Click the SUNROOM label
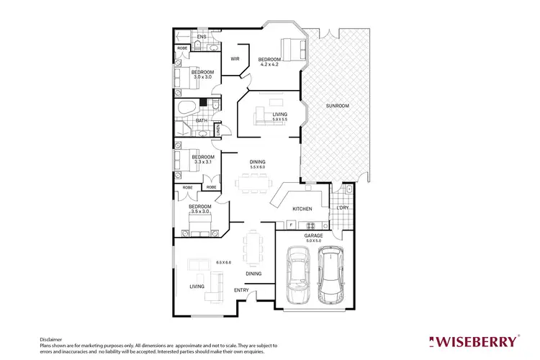pyautogui.click(x=337, y=106)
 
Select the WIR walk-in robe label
pyautogui.click(x=235, y=59)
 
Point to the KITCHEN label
pyautogui.click(x=301, y=209)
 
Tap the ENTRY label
pyautogui.click(x=241, y=290)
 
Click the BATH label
pyautogui.click(x=202, y=121)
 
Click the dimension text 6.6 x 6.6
pyautogui.click(x=222, y=262)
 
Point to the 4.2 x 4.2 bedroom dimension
pyautogui.click(x=270, y=66)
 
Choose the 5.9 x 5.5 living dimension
pyautogui.click(x=279, y=120)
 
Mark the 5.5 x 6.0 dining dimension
pyautogui.click(x=258, y=167)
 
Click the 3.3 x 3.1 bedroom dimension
pyautogui.click(x=202, y=162)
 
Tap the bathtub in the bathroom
pyautogui.click(x=186, y=109)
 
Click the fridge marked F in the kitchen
pyautogui.click(x=290, y=225)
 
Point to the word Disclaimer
pyautogui.click(x=50, y=338)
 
